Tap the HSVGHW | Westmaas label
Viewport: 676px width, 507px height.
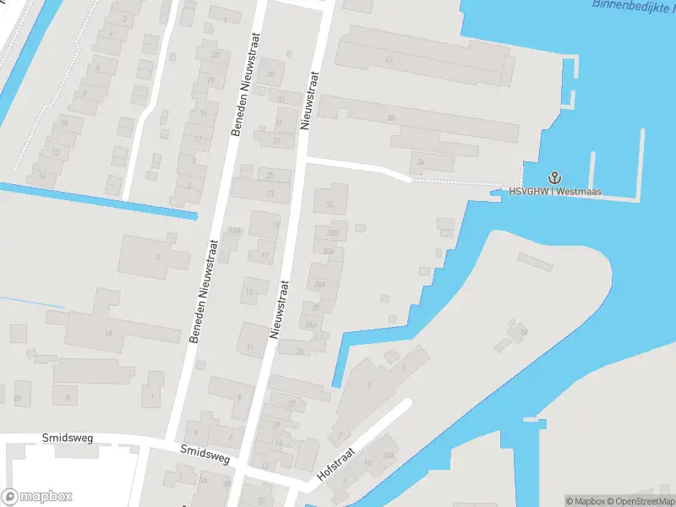click(554, 191)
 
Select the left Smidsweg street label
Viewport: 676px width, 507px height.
click(68, 439)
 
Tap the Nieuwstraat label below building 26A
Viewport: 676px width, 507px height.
click(278, 309)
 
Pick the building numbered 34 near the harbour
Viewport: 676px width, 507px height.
click(421, 161)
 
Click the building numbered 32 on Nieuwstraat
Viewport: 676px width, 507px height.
click(330, 204)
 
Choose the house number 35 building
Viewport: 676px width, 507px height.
click(271, 74)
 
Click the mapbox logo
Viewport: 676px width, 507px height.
click(36, 497)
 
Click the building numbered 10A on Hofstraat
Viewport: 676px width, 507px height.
click(387, 457)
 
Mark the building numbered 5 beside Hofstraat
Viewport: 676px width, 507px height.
click(368, 384)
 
